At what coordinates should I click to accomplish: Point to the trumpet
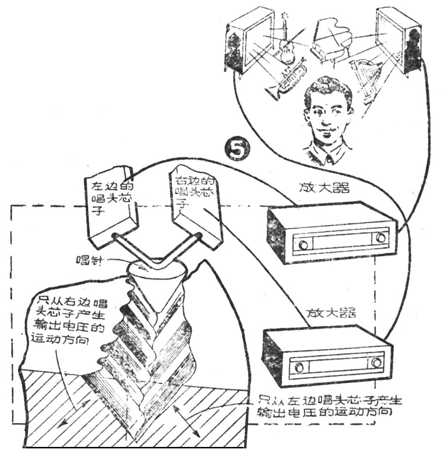click(x=286, y=78)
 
